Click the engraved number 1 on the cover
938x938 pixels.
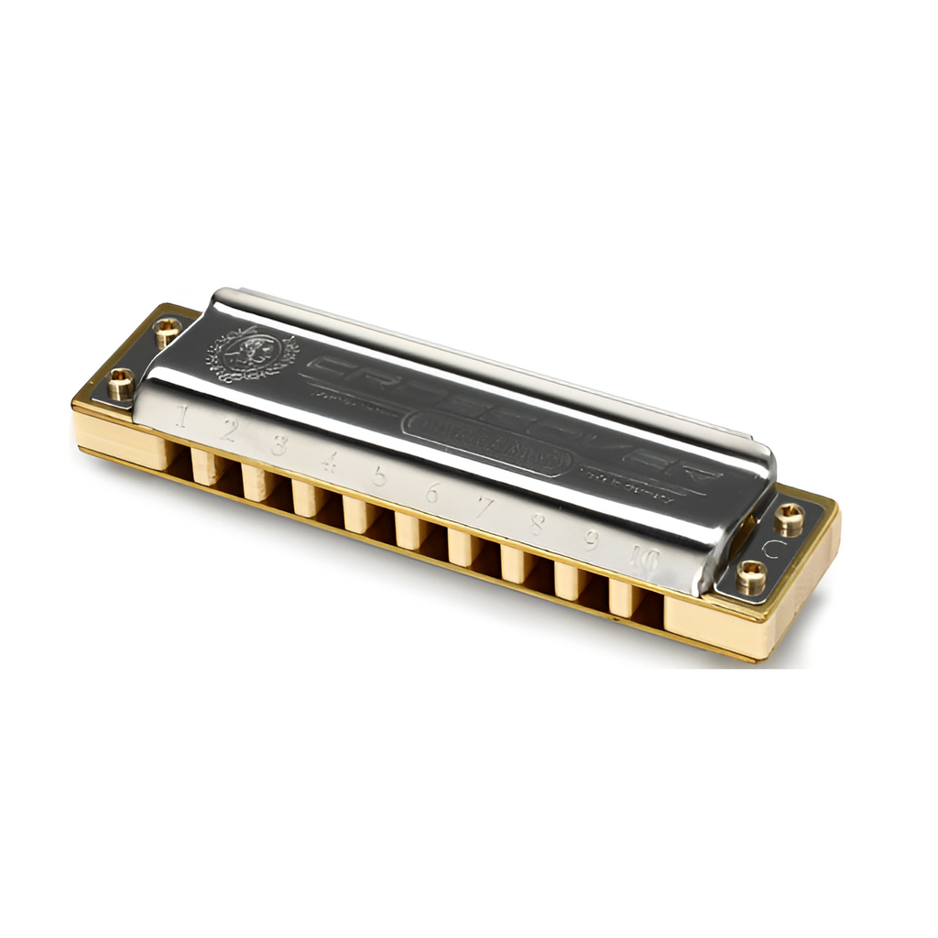tap(182, 418)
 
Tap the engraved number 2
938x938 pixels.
tap(229, 431)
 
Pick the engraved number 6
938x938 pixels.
tap(431, 492)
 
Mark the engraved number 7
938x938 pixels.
tap(483, 507)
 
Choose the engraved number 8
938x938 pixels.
tap(537, 524)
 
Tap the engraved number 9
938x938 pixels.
tap(591, 540)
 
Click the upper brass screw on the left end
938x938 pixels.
tap(168, 332)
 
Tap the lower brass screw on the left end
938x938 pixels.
tap(122, 383)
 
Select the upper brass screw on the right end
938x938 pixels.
tap(789, 519)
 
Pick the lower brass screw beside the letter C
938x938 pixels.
tap(752, 577)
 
